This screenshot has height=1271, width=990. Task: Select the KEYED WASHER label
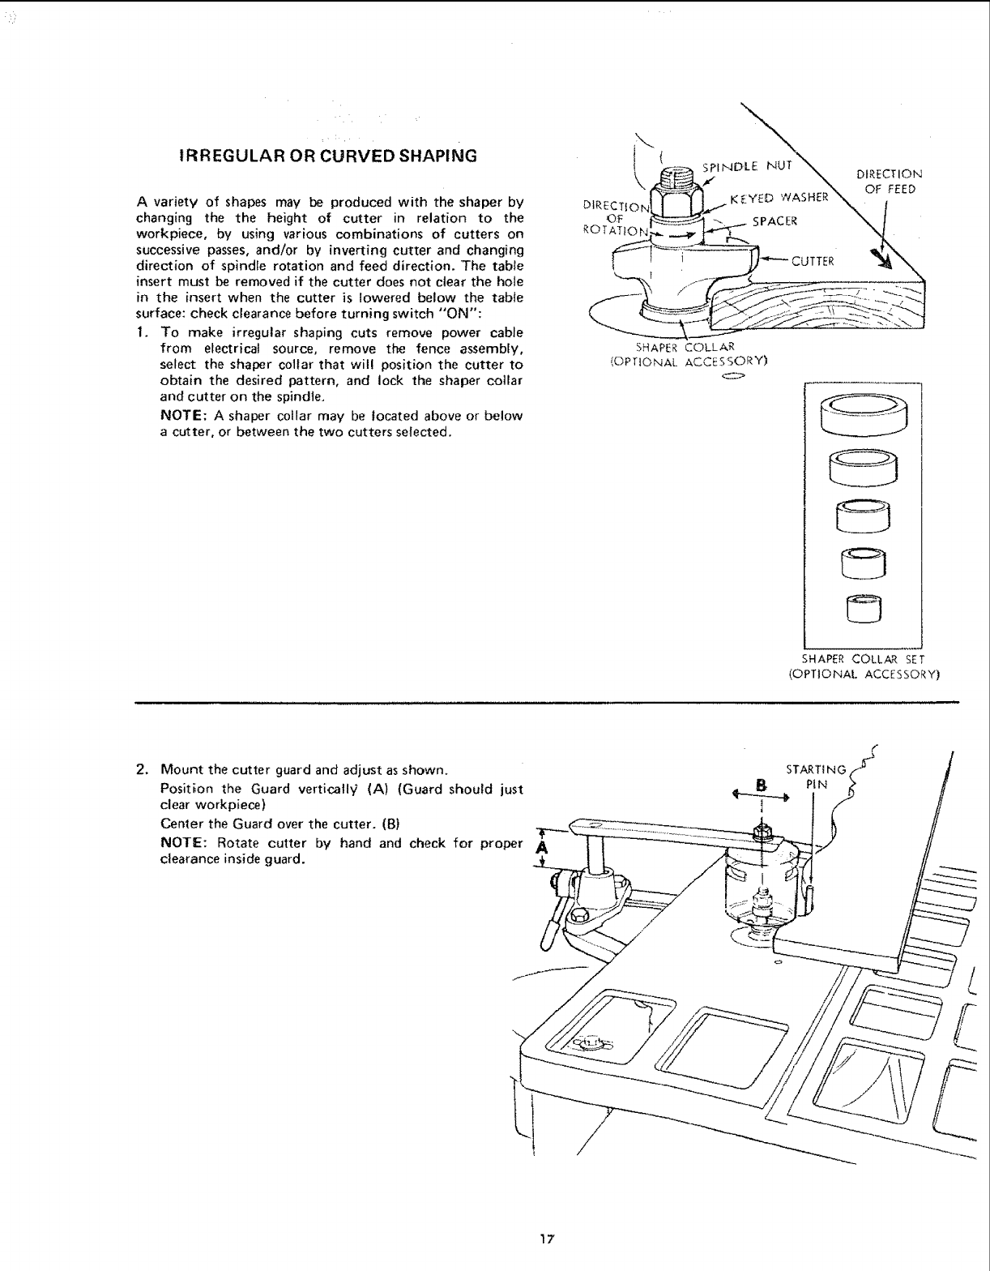[779, 198]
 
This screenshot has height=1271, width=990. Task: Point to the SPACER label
[775, 221]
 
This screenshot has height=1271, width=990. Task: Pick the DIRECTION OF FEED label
[889, 182]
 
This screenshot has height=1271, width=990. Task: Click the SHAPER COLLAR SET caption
[863, 665]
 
